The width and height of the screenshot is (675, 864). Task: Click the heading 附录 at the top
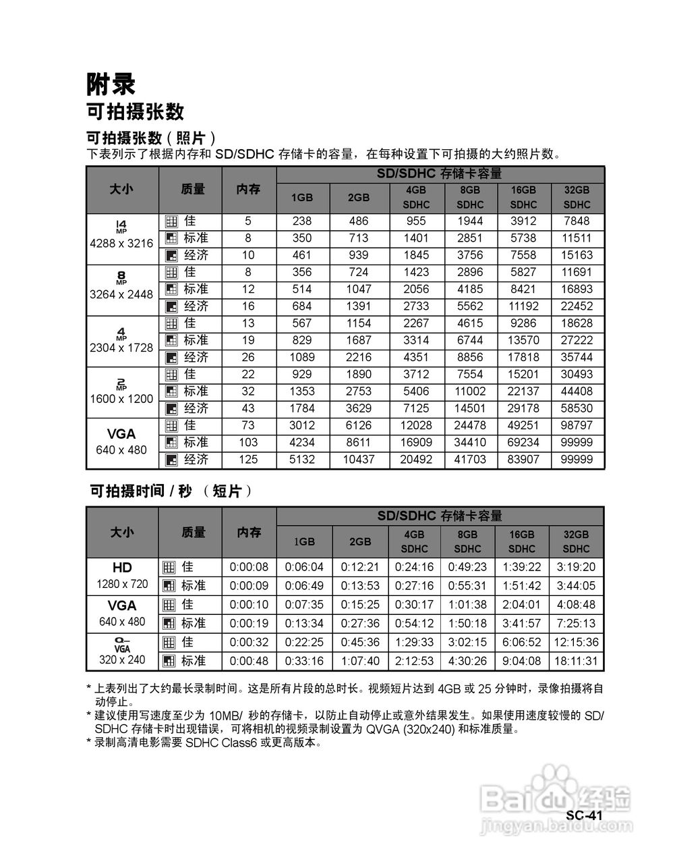[x=111, y=84]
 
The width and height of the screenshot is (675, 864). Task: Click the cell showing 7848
[x=577, y=221]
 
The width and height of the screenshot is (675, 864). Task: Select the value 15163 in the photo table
[x=577, y=255]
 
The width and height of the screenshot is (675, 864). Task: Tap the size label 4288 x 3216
[x=121, y=244]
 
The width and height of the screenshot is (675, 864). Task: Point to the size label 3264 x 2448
[x=121, y=295]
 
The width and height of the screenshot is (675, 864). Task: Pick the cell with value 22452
[x=577, y=306]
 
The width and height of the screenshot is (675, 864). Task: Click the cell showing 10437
[x=359, y=460]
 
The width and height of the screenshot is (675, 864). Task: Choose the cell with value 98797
[x=577, y=425]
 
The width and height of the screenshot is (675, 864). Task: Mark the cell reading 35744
[x=577, y=357]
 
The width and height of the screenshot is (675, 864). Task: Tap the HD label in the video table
[x=122, y=567]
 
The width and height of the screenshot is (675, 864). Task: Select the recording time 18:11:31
[x=576, y=661]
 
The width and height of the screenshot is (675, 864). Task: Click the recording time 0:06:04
[x=304, y=568]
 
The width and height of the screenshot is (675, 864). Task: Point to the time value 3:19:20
[x=576, y=568]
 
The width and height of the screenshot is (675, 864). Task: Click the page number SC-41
[x=583, y=815]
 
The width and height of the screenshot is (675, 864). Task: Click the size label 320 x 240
[x=122, y=659]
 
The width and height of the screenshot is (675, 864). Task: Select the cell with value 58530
[x=577, y=408]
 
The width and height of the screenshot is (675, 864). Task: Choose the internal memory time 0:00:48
[x=249, y=661]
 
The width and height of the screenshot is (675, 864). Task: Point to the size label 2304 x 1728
[x=121, y=348]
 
